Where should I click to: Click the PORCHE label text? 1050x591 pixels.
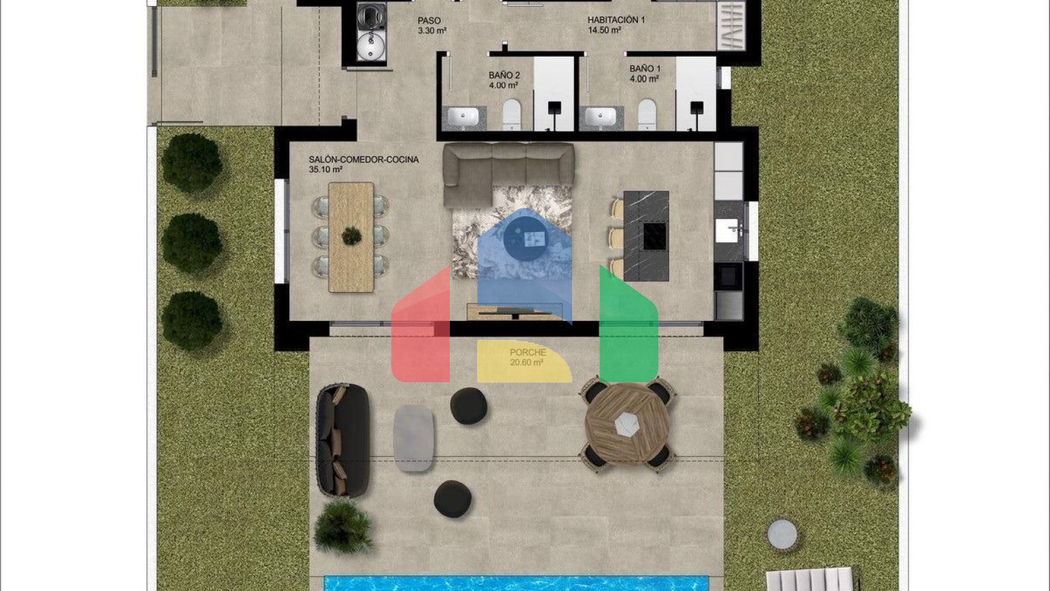528,352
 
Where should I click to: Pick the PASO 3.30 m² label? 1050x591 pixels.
432,25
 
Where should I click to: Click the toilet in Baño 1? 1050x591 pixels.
647,114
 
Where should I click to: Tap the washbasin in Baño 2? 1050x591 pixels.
463,117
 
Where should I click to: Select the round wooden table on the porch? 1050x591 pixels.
627,423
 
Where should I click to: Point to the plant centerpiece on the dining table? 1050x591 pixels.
351,236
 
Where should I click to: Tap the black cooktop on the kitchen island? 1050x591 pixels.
655,236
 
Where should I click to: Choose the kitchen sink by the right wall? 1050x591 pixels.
727,231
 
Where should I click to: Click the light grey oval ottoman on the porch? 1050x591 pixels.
414,438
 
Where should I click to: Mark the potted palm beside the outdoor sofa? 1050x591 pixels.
344,527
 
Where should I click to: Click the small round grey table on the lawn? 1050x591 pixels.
782,534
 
